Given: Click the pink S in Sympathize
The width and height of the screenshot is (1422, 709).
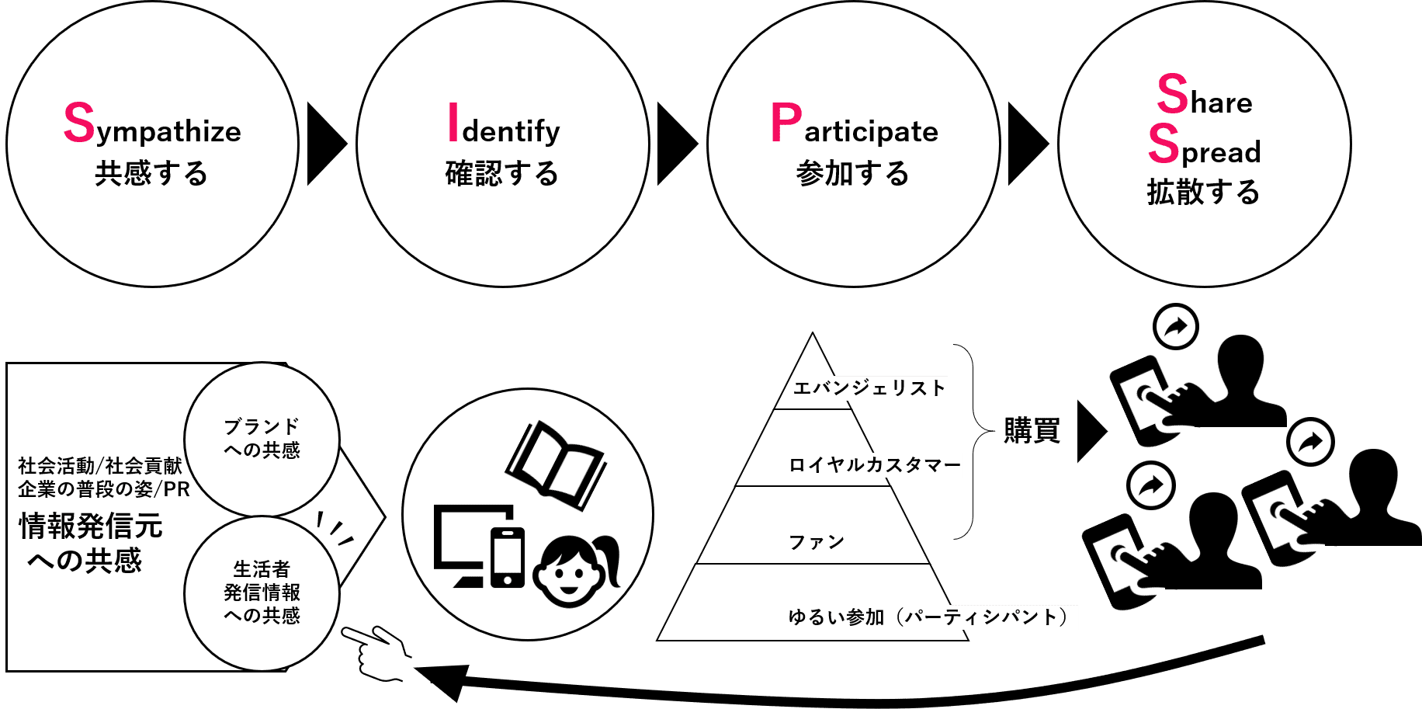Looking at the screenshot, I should click(x=79, y=123).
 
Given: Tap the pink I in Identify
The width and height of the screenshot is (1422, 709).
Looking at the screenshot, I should click(x=453, y=123).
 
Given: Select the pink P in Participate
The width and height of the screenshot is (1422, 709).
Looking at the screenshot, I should click(x=786, y=123).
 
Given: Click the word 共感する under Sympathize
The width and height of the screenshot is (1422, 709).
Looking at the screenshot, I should click(x=151, y=173).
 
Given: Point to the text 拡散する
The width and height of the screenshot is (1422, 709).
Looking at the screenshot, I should click(x=1203, y=192).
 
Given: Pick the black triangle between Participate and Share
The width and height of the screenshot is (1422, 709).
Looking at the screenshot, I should click(x=1025, y=144).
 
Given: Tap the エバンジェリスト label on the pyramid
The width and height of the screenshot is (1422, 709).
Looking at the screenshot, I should click(x=869, y=388).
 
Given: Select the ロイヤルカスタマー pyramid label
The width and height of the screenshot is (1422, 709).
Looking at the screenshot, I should click(x=875, y=465).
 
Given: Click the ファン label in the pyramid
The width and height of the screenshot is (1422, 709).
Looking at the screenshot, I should click(x=816, y=542).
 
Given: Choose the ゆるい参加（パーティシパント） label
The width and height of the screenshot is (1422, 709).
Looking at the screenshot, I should click(x=931, y=617).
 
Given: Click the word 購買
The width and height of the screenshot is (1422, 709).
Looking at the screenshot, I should click(x=1032, y=430).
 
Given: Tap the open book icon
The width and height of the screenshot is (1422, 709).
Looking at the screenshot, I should click(x=557, y=464).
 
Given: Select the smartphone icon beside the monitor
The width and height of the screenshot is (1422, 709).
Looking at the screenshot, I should click(x=508, y=558).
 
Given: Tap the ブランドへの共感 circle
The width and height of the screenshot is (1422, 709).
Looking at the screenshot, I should click(x=262, y=439).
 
